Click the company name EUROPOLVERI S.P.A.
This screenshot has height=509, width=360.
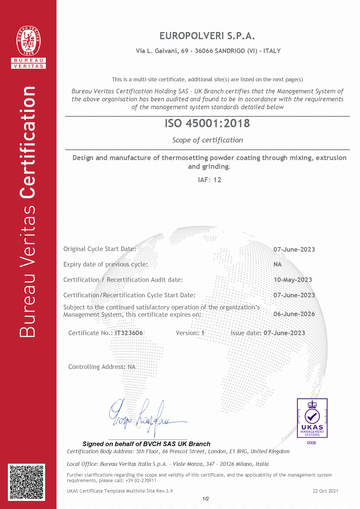(x=207, y=36)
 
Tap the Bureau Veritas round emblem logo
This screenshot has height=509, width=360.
(x=28, y=41)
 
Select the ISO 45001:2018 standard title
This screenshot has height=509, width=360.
(x=207, y=123)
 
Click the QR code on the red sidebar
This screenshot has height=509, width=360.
(x=26, y=482)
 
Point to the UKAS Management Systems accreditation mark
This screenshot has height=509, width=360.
(x=312, y=418)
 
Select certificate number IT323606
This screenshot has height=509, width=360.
(x=129, y=333)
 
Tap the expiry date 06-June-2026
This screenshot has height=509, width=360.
(x=294, y=314)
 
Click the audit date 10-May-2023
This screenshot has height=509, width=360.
(x=293, y=280)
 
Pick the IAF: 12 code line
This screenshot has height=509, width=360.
(x=210, y=180)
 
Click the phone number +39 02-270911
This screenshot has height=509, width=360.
(x=141, y=481)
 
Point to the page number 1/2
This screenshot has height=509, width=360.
(x=206, y=499)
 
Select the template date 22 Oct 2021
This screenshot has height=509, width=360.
(x=325, y=491)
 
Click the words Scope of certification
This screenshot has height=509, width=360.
(x=208, y=140)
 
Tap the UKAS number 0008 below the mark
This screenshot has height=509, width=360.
(x=311, y=443)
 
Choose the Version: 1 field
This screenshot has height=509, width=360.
(x=190, y=333)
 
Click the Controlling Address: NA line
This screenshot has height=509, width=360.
(x=102, y=367)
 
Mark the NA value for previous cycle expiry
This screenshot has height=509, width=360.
(x=278, y=264)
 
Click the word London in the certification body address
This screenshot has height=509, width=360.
(x=217, y=451)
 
